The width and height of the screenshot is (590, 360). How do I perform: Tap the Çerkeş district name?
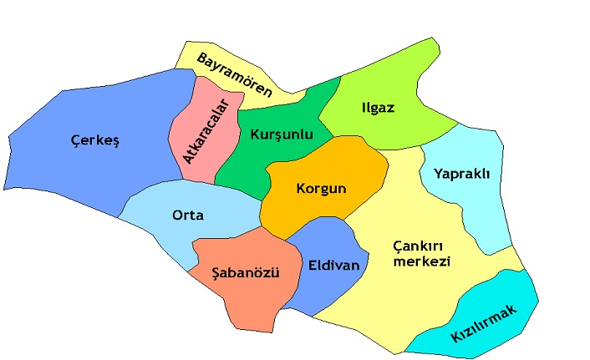[95, 141]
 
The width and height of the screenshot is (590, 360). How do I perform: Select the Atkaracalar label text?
[206, 132]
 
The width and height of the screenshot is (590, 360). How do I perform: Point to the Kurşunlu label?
[281, 134]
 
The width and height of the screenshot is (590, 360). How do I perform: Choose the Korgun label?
[321, 188]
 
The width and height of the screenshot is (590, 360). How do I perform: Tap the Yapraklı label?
[461, 174]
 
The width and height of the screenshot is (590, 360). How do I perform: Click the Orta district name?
[188, 215]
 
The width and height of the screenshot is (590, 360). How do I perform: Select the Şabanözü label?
[246, 273]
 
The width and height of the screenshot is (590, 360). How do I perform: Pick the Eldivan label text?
[333, 266]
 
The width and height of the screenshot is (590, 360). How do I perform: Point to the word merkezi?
[422, 261]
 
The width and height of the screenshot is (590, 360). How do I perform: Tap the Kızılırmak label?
[485, 323]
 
